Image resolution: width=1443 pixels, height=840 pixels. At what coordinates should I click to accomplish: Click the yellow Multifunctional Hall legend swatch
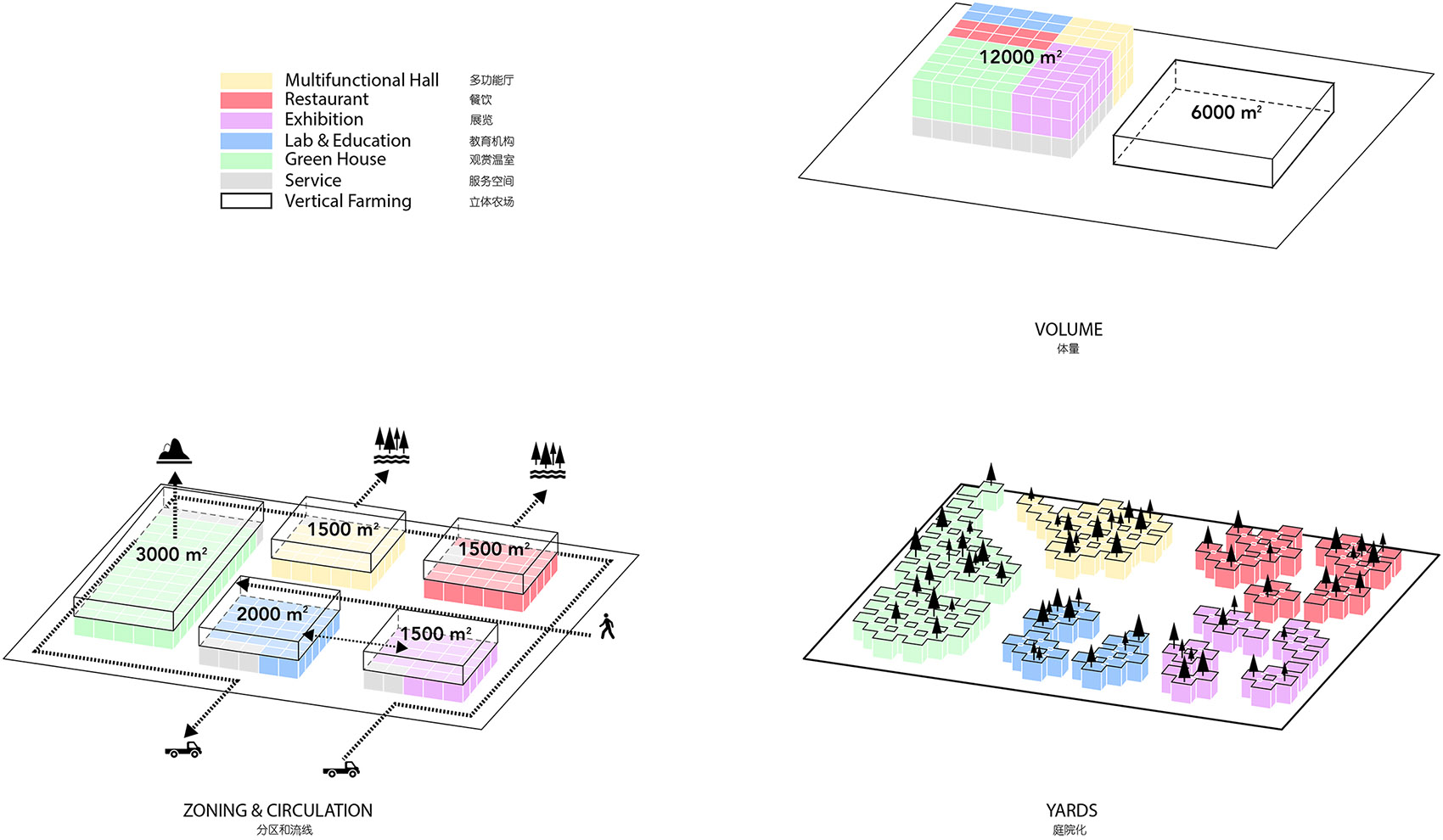246,81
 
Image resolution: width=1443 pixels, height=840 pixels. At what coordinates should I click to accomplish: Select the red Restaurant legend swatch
246,100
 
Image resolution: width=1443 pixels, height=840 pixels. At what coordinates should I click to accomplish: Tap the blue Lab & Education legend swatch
246,141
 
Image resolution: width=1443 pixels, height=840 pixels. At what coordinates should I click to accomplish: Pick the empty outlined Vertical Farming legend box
246,201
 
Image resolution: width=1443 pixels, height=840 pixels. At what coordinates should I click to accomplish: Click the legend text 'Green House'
335,160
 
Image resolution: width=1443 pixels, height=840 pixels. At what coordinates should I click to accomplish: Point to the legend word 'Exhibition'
323,120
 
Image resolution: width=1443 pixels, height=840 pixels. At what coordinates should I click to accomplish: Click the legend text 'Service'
312,181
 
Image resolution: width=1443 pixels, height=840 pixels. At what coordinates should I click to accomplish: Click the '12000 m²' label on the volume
1019,57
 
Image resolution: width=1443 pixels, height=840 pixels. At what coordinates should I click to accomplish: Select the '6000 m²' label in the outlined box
1226,112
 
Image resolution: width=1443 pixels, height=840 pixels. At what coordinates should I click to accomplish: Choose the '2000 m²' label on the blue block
272,613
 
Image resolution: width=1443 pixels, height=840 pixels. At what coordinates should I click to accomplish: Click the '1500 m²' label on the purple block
435,634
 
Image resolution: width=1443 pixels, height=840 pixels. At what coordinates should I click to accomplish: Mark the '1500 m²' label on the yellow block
342,529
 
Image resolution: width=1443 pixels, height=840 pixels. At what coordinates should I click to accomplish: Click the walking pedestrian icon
606,626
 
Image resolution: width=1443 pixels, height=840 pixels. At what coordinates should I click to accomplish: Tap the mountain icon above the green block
174,451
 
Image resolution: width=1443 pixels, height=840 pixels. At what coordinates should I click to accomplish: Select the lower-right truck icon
341,770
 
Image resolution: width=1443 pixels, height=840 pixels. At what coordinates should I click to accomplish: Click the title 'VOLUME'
1068,329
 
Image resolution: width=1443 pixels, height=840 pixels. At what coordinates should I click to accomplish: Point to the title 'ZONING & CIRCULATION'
278,810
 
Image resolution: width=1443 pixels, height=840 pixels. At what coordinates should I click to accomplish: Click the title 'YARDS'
1071,810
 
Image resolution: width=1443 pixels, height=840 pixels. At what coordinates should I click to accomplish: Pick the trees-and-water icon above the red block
547,460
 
